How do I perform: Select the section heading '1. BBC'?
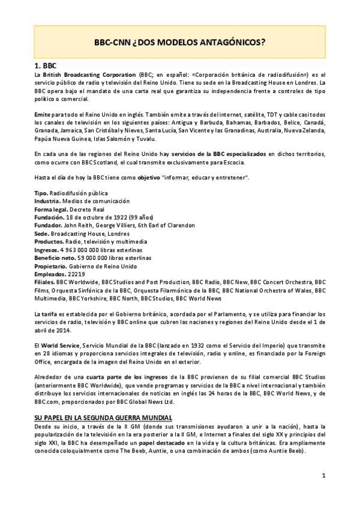(x=47, y=65)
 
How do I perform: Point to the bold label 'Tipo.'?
(x=41, y=193)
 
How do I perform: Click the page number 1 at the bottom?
(x=323, y=476)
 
